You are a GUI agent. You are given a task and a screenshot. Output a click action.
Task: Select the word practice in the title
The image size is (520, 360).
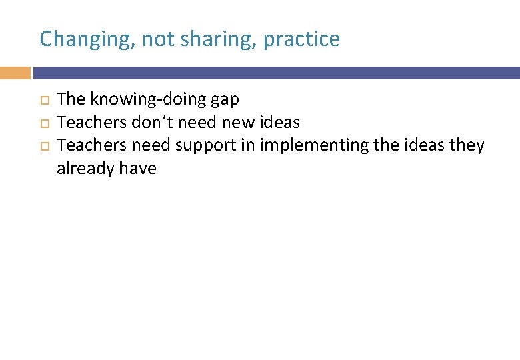click(301, 39)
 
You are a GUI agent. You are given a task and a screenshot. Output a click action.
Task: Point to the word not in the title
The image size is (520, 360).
click(157, 39)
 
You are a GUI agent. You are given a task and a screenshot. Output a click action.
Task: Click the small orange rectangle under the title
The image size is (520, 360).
click(15, 73)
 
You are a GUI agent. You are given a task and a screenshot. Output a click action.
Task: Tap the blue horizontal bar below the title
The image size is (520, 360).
click(276, 73)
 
